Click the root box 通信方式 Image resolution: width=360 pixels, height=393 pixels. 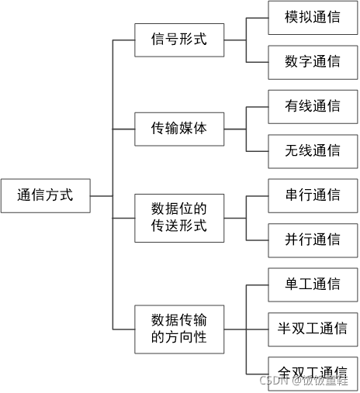coord(45,195)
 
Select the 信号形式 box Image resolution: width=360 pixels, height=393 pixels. coord(178,40)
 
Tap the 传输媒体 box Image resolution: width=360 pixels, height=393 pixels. coord(178,129)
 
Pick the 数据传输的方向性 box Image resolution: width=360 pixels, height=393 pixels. coord(178,329)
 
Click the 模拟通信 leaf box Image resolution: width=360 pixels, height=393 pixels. coord(312,18)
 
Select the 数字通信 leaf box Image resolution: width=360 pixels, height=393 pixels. coord(312,62)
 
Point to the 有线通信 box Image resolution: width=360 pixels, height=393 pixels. coord(312,106)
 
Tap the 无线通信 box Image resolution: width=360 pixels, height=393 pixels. coord(312,150)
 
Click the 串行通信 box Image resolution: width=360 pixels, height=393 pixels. coord(312,195)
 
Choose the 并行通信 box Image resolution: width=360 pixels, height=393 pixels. coord(312,240)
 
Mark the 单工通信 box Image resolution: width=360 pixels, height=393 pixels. coord(312,284)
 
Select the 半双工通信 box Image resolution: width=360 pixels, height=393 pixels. coord(312,328)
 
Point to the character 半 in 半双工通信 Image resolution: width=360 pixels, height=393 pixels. coord(284,328)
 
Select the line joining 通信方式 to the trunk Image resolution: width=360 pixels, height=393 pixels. coord(102,195)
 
